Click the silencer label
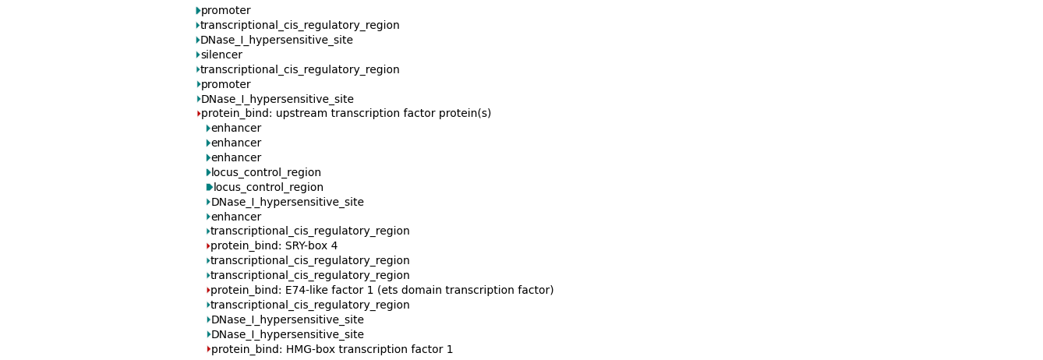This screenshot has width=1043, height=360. pyautogui.click(x=221, y=55)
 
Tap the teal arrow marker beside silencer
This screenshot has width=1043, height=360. pyautogui.click(x=198, y=55)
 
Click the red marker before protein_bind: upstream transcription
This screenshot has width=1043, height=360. pyautogui.click(x=199, y=114)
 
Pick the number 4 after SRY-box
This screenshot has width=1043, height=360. pyautogui.click(x=334, y=246)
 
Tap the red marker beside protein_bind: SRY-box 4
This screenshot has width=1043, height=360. pyautogui.click(x=208, y=246)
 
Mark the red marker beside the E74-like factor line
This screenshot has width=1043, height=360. pyautogui.click(x=208, y=291)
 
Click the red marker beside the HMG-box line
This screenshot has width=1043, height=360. pyautogui.click(x=208, y=350)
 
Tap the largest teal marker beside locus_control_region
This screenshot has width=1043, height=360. pyautogui.click(x=209, y=188)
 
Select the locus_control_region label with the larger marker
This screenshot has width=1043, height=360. pyautogui.click(x=268, y=188)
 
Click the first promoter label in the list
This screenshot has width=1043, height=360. pyautogui.click(x=226, y=11)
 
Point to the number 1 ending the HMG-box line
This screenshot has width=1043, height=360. pyautogui.click(x=450, y=350)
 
